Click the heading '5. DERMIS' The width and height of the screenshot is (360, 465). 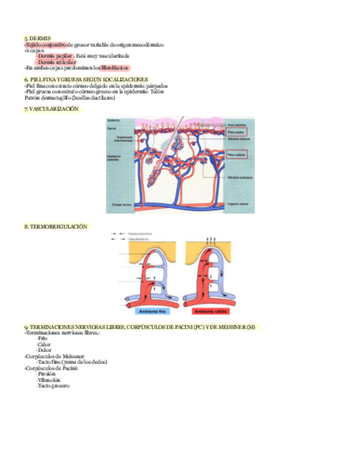tap(37, 38)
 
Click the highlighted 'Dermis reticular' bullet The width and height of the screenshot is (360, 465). tap(56, 62)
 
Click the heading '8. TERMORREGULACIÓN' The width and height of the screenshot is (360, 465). tap(55, 226)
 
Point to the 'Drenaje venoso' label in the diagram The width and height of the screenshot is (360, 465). tap(120, 205)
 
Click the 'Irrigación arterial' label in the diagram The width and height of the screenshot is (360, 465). tap(237, 205)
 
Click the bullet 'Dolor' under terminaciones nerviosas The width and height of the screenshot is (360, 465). tap(44, 350)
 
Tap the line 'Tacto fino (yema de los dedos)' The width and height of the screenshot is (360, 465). tap(72, 362)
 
